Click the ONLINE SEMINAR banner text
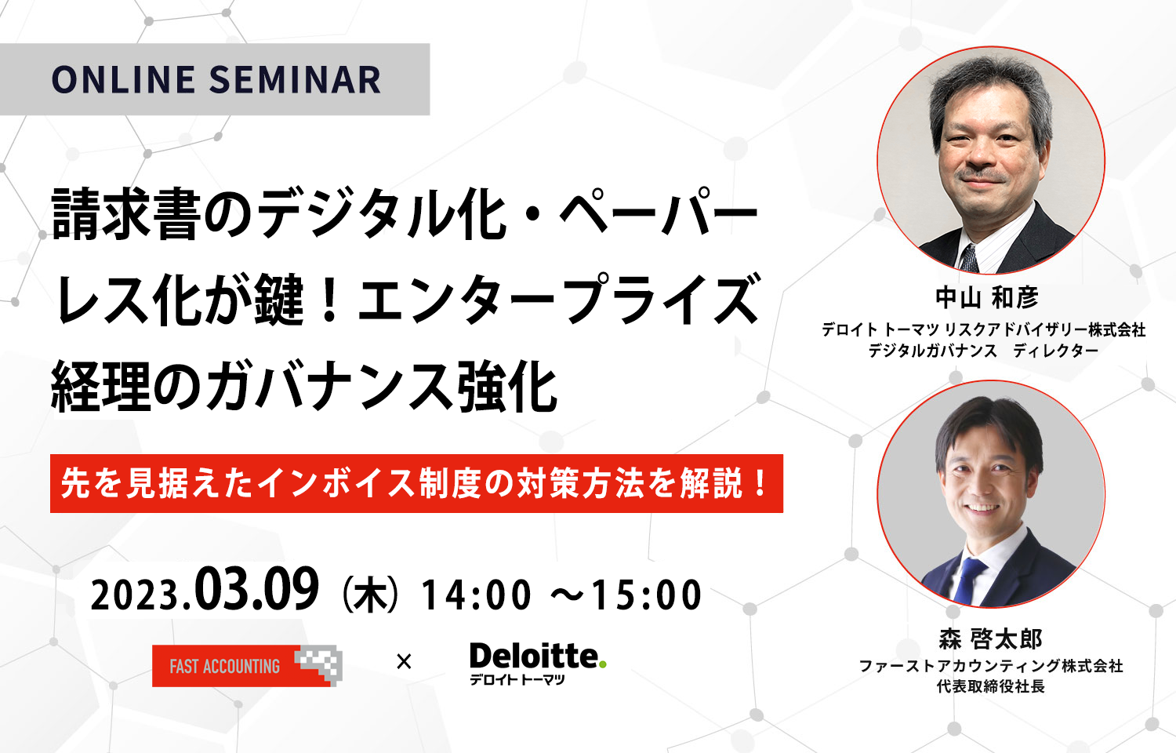point(216,80)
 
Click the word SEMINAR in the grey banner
point(295,80)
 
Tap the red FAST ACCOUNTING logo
point(247,665)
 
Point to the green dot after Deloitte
point(603,665)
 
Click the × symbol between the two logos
point(405,662)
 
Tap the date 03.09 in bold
point(256,590)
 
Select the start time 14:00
point(476,595)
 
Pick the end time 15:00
point(647,595)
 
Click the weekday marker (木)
point(370,595)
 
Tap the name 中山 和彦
point(987,298)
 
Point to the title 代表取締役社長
point(991,686)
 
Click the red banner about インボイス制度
point(416,484)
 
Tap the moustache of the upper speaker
point(981,175)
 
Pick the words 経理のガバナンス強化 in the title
point(304,388)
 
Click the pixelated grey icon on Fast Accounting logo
point(319,665)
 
